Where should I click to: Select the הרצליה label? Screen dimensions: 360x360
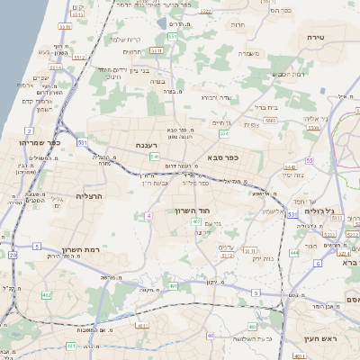[92, 195]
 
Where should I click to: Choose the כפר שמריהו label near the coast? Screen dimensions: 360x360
[40, 142]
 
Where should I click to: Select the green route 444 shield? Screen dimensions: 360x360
[294, 253]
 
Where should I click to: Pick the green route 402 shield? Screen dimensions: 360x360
[46, 294]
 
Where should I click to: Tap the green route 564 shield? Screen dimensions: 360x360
[223, 133]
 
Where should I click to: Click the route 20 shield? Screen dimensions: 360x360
[13, 255]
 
